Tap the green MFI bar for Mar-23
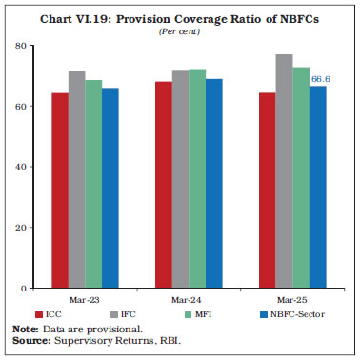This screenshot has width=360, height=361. [x=92, y=184]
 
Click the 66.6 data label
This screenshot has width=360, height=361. [x=320, y=80]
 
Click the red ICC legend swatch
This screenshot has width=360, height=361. [x=41, y=313]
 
